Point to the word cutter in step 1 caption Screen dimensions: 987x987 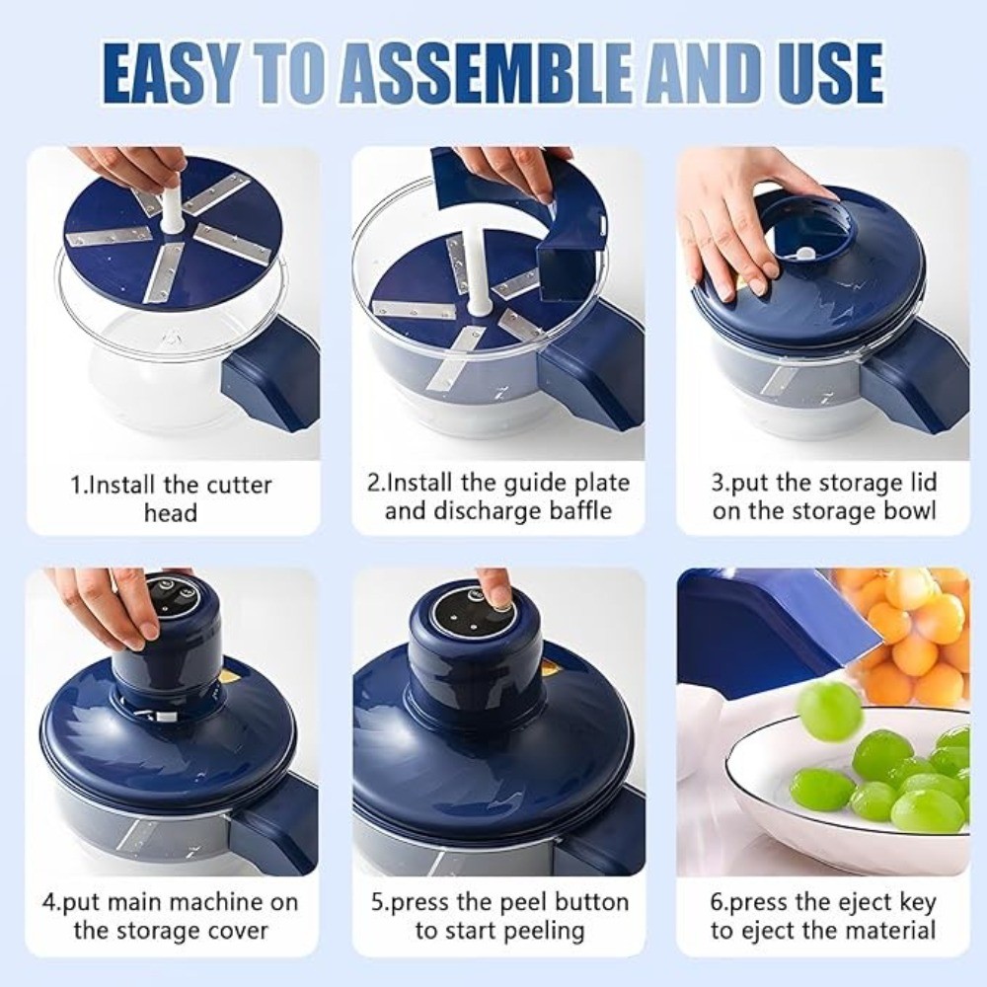[x=239, y=486]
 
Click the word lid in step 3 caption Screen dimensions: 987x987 [x=920, y=484]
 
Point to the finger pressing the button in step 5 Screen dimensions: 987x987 [x=494, y=589]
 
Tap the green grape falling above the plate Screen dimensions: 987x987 [x=829, y=711]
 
